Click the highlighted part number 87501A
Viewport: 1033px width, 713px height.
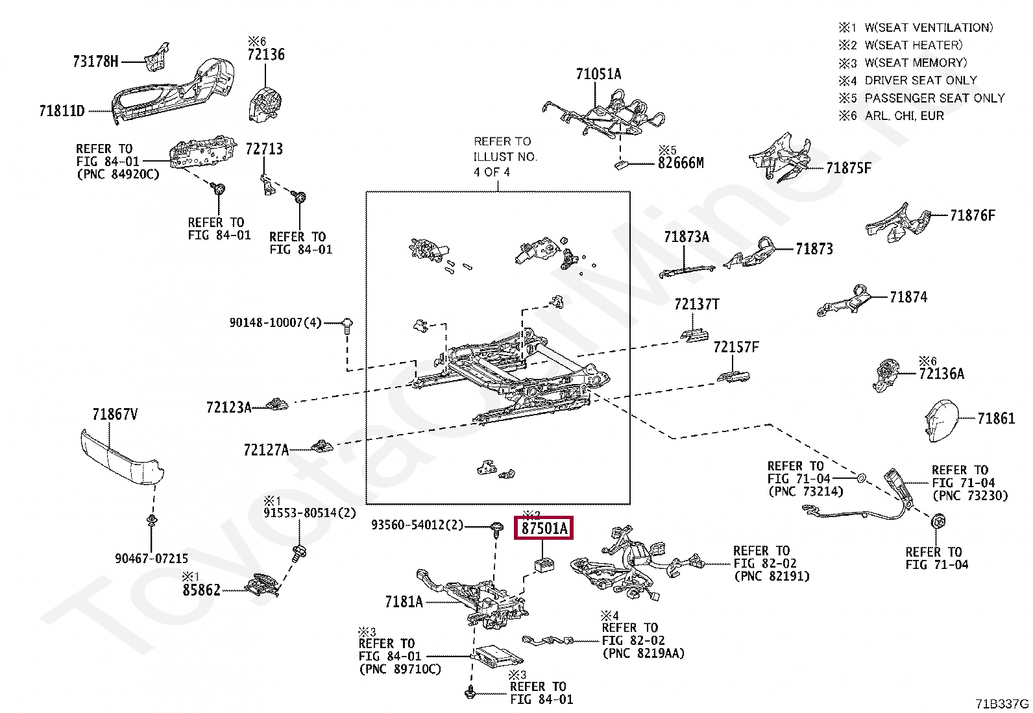[544, 528]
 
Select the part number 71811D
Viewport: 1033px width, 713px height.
[62, 111]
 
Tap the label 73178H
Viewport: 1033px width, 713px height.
[95, 62]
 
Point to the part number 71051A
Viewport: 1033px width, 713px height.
[599, 74]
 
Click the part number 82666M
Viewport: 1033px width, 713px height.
[681, 163]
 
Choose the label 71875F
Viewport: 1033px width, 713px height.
[849, 168]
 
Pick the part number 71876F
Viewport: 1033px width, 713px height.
[973, 215]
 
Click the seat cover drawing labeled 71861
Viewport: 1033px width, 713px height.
[942, 420]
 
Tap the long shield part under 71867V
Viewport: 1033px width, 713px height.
[122, 457]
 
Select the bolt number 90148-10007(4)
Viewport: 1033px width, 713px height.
[275, 322]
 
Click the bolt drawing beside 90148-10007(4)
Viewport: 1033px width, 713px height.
[347, 325]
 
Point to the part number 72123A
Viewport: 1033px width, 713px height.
[229, 407]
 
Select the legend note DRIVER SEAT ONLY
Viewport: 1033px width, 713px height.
[921, 80]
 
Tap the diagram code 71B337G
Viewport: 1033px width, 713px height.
[1002, 704]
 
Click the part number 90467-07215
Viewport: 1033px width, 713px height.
[152, 559]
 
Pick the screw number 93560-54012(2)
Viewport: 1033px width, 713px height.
[417, 525]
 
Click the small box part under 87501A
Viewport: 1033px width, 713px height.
[544, 565]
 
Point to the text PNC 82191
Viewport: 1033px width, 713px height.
[772, 577]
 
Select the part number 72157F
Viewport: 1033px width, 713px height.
[736, 347]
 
